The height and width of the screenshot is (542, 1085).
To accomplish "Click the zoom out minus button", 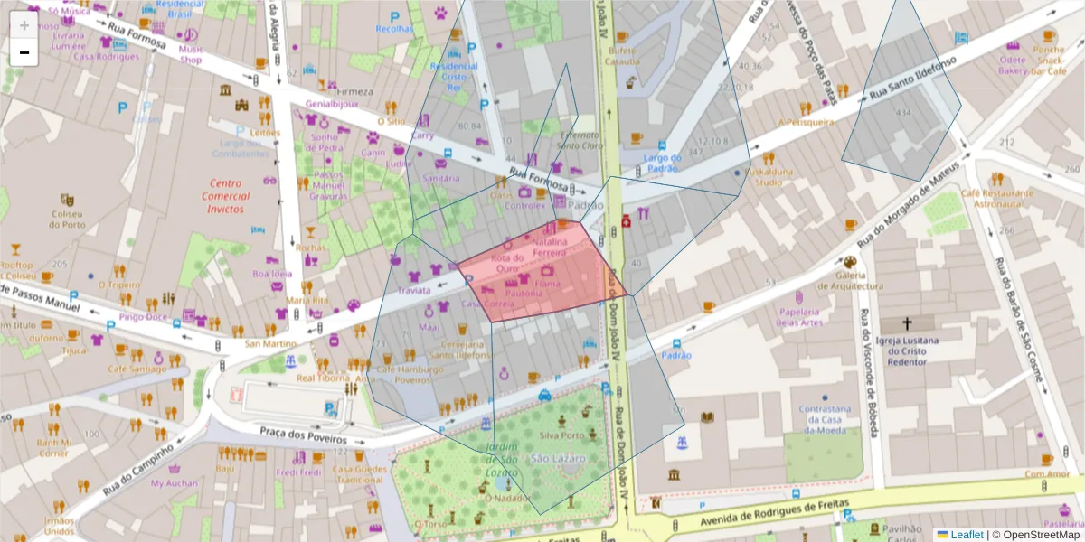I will (x=24, y=53).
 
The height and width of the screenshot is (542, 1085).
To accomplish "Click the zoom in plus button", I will (x=24, y=25).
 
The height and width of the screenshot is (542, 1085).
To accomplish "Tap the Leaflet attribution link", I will (x=967, y=535).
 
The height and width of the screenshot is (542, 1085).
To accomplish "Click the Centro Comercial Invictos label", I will (x=225, y=196).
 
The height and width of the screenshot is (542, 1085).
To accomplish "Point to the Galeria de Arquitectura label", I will (x=851, y=281).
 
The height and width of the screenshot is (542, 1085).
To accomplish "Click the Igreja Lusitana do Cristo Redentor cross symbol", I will (x=907, y=322).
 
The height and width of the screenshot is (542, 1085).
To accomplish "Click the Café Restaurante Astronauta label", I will (x=996, y=199).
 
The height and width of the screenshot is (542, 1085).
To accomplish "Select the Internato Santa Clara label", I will (x=579, y=140).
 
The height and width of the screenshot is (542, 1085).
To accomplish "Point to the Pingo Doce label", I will (x=143, y=317).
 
